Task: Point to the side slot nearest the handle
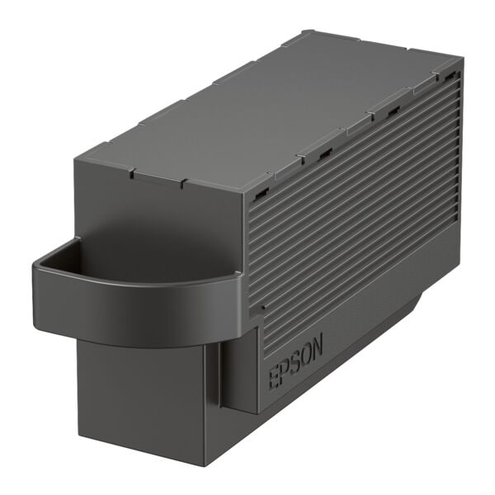coord(261,193)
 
